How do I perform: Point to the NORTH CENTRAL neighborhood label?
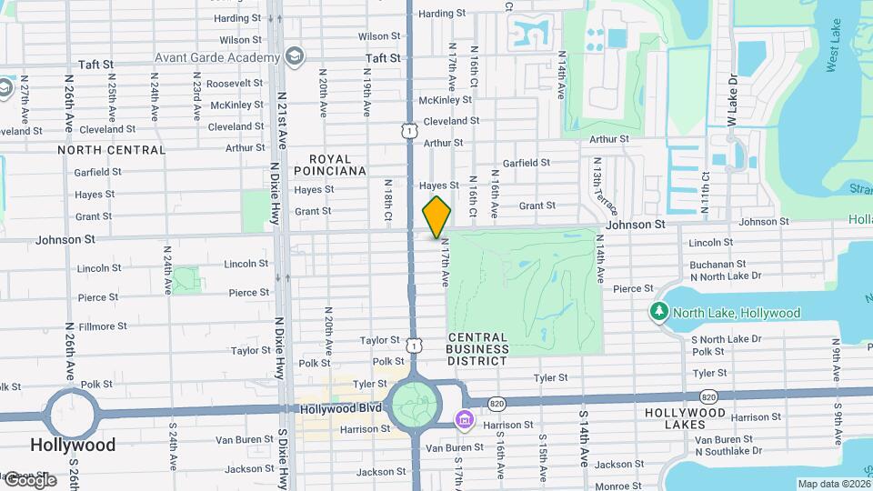(112, 150)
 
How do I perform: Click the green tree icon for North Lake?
(659, 312)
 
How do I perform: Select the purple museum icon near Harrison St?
(464, 419)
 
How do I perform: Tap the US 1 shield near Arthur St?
(410, 132)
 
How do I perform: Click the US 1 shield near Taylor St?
(415, 346)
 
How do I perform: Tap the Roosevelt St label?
(235, 83)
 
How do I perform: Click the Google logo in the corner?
(29, 479)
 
